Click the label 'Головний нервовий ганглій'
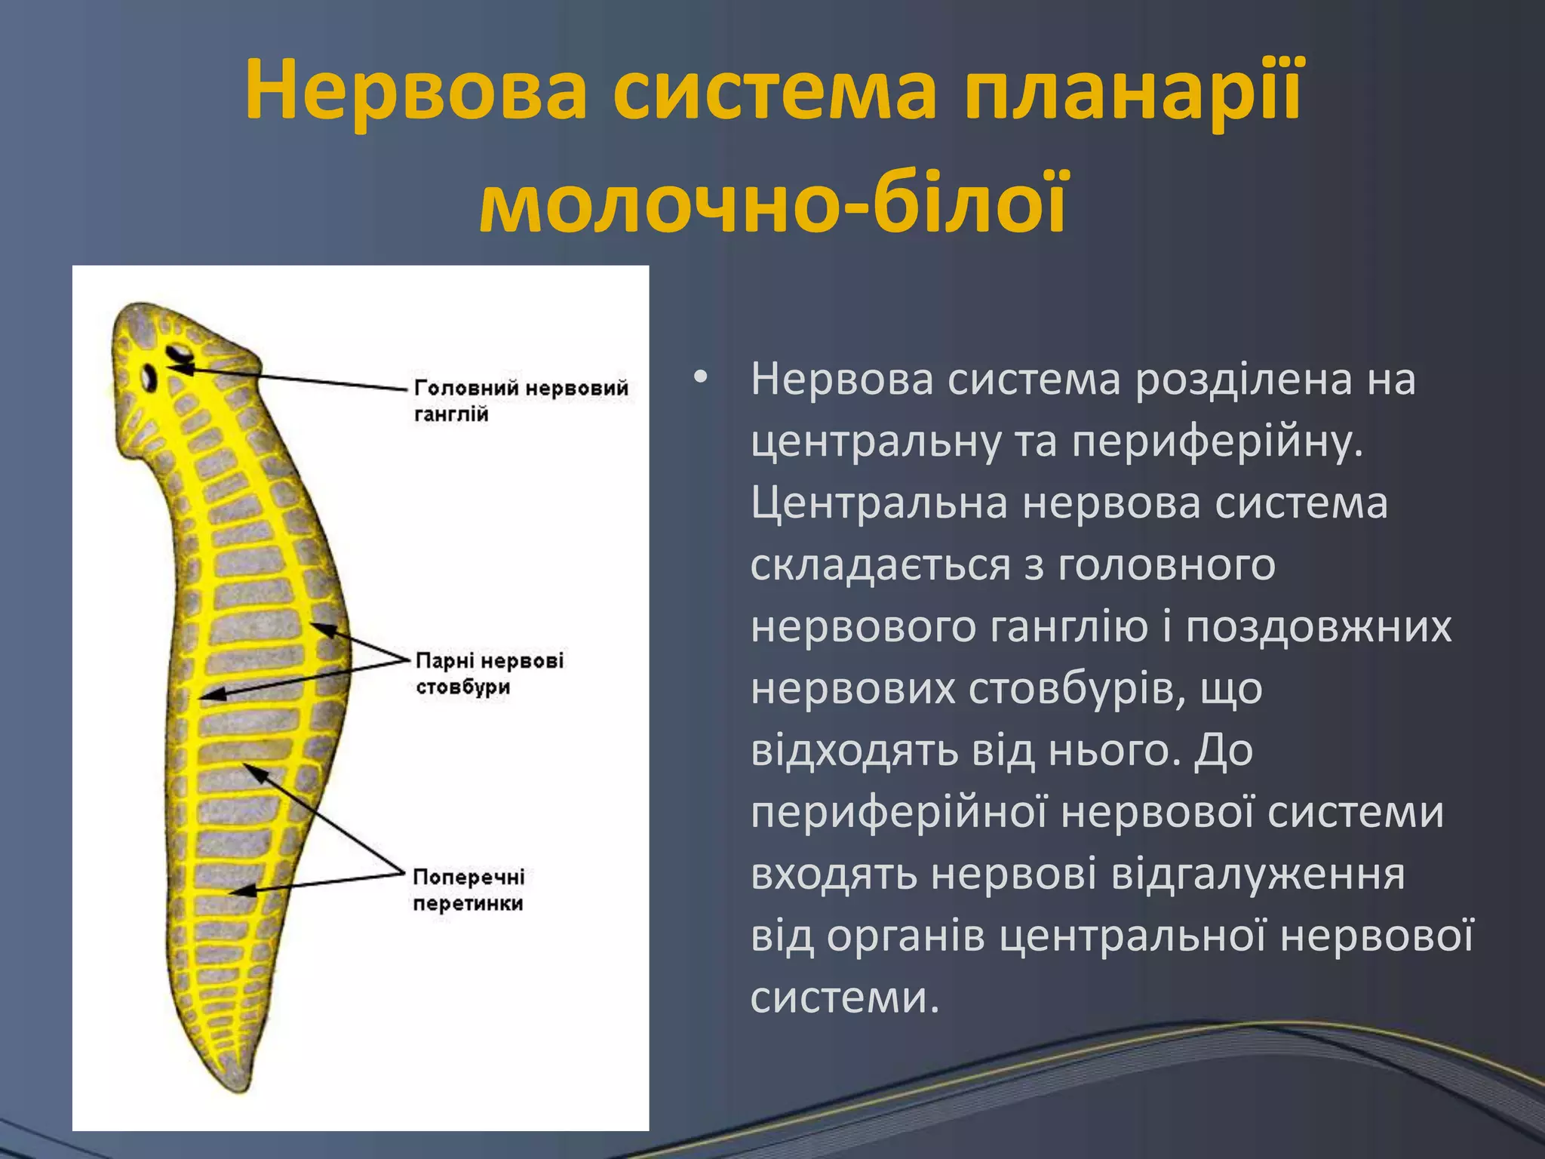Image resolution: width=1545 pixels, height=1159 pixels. pyautogui.click(x=521, y=401)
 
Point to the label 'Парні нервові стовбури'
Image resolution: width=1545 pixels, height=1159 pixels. pyautogui.click(x=489, y=673)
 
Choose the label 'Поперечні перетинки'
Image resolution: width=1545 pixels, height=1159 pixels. pyautogui.click(x=468, y=890)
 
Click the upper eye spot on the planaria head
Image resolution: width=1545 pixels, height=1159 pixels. pyautogui.click(x=180, y=352)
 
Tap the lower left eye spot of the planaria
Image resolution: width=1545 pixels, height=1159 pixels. pyautogui.click(x=149, y=377)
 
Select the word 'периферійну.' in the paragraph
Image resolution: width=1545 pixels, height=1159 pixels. pyautogui.click(x=1218, y=441)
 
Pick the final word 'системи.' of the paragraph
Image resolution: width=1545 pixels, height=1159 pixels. pyautogui.click(x=845, y=998)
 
